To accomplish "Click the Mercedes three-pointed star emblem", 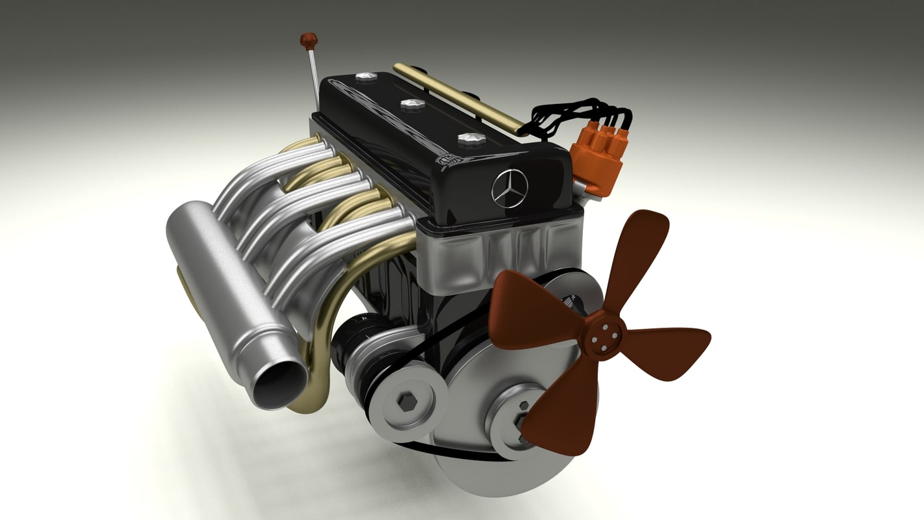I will click(509, 188).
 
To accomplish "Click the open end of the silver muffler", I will click(279, 384).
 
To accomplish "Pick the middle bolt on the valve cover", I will click(412, 104).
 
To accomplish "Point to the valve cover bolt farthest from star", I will click(366, 77).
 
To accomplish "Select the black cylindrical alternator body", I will click(354, 338).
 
